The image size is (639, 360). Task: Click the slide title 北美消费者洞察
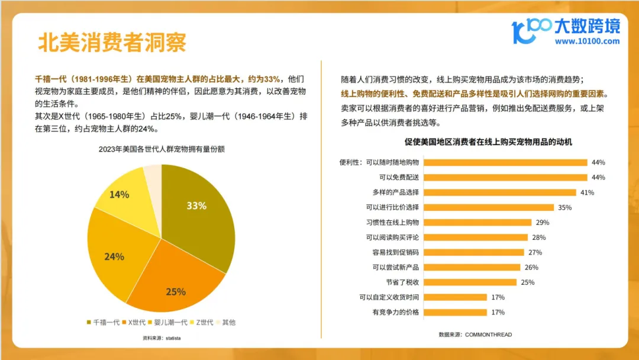tap(112, 42)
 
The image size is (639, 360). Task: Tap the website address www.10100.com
tap(587, 41)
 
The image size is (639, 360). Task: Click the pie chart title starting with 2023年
tap(162, 150)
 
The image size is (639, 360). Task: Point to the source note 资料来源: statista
tap(162, 338)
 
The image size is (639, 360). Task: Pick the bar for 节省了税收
tap(471, 282)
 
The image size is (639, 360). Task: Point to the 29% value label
tap(542, 223)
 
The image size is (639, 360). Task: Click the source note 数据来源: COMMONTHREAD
tap(475, 335)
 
